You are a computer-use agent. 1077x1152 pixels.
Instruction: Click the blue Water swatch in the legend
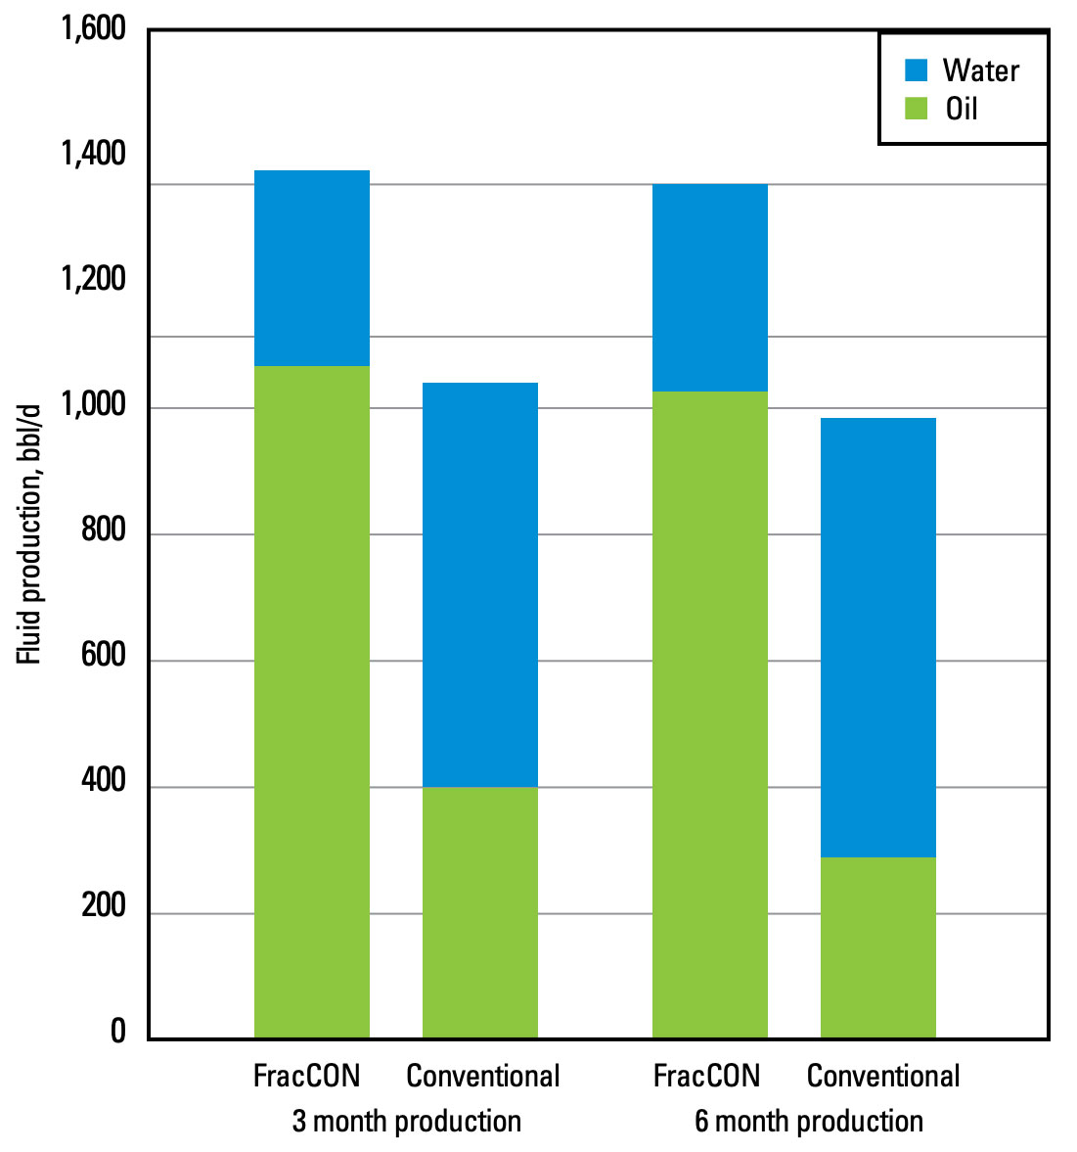[916, 70]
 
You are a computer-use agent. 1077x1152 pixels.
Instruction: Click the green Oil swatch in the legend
[916, 109]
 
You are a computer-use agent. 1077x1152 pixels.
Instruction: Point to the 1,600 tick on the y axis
[94, 28]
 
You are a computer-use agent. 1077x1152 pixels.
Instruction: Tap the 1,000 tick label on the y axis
[94, 405]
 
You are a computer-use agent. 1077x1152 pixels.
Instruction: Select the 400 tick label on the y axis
[104, 781]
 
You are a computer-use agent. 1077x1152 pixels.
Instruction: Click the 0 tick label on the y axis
[118, 1032]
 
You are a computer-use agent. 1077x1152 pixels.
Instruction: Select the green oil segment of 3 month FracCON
[311, 701]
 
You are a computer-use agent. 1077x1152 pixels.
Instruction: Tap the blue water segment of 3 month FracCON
[311, 268]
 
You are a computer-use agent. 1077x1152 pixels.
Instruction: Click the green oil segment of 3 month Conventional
[479, 911]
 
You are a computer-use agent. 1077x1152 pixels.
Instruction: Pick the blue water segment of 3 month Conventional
[479, 584]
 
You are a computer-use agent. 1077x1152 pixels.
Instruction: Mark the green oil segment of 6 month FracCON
[709, 714]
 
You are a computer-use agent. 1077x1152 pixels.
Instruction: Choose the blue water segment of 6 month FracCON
[709, 288]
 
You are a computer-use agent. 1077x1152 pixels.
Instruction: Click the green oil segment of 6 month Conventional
[877, 946]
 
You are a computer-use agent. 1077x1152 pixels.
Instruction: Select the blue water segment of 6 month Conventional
[877, 637]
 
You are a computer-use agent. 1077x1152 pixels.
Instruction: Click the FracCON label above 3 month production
[306, 1076]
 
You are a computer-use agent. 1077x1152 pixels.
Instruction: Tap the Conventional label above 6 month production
[882, 1076]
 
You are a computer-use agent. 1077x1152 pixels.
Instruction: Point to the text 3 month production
[406, 1121]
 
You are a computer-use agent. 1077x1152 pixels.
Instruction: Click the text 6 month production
[808, 1121]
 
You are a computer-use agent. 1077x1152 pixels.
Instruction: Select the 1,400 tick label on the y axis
[94, 154]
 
